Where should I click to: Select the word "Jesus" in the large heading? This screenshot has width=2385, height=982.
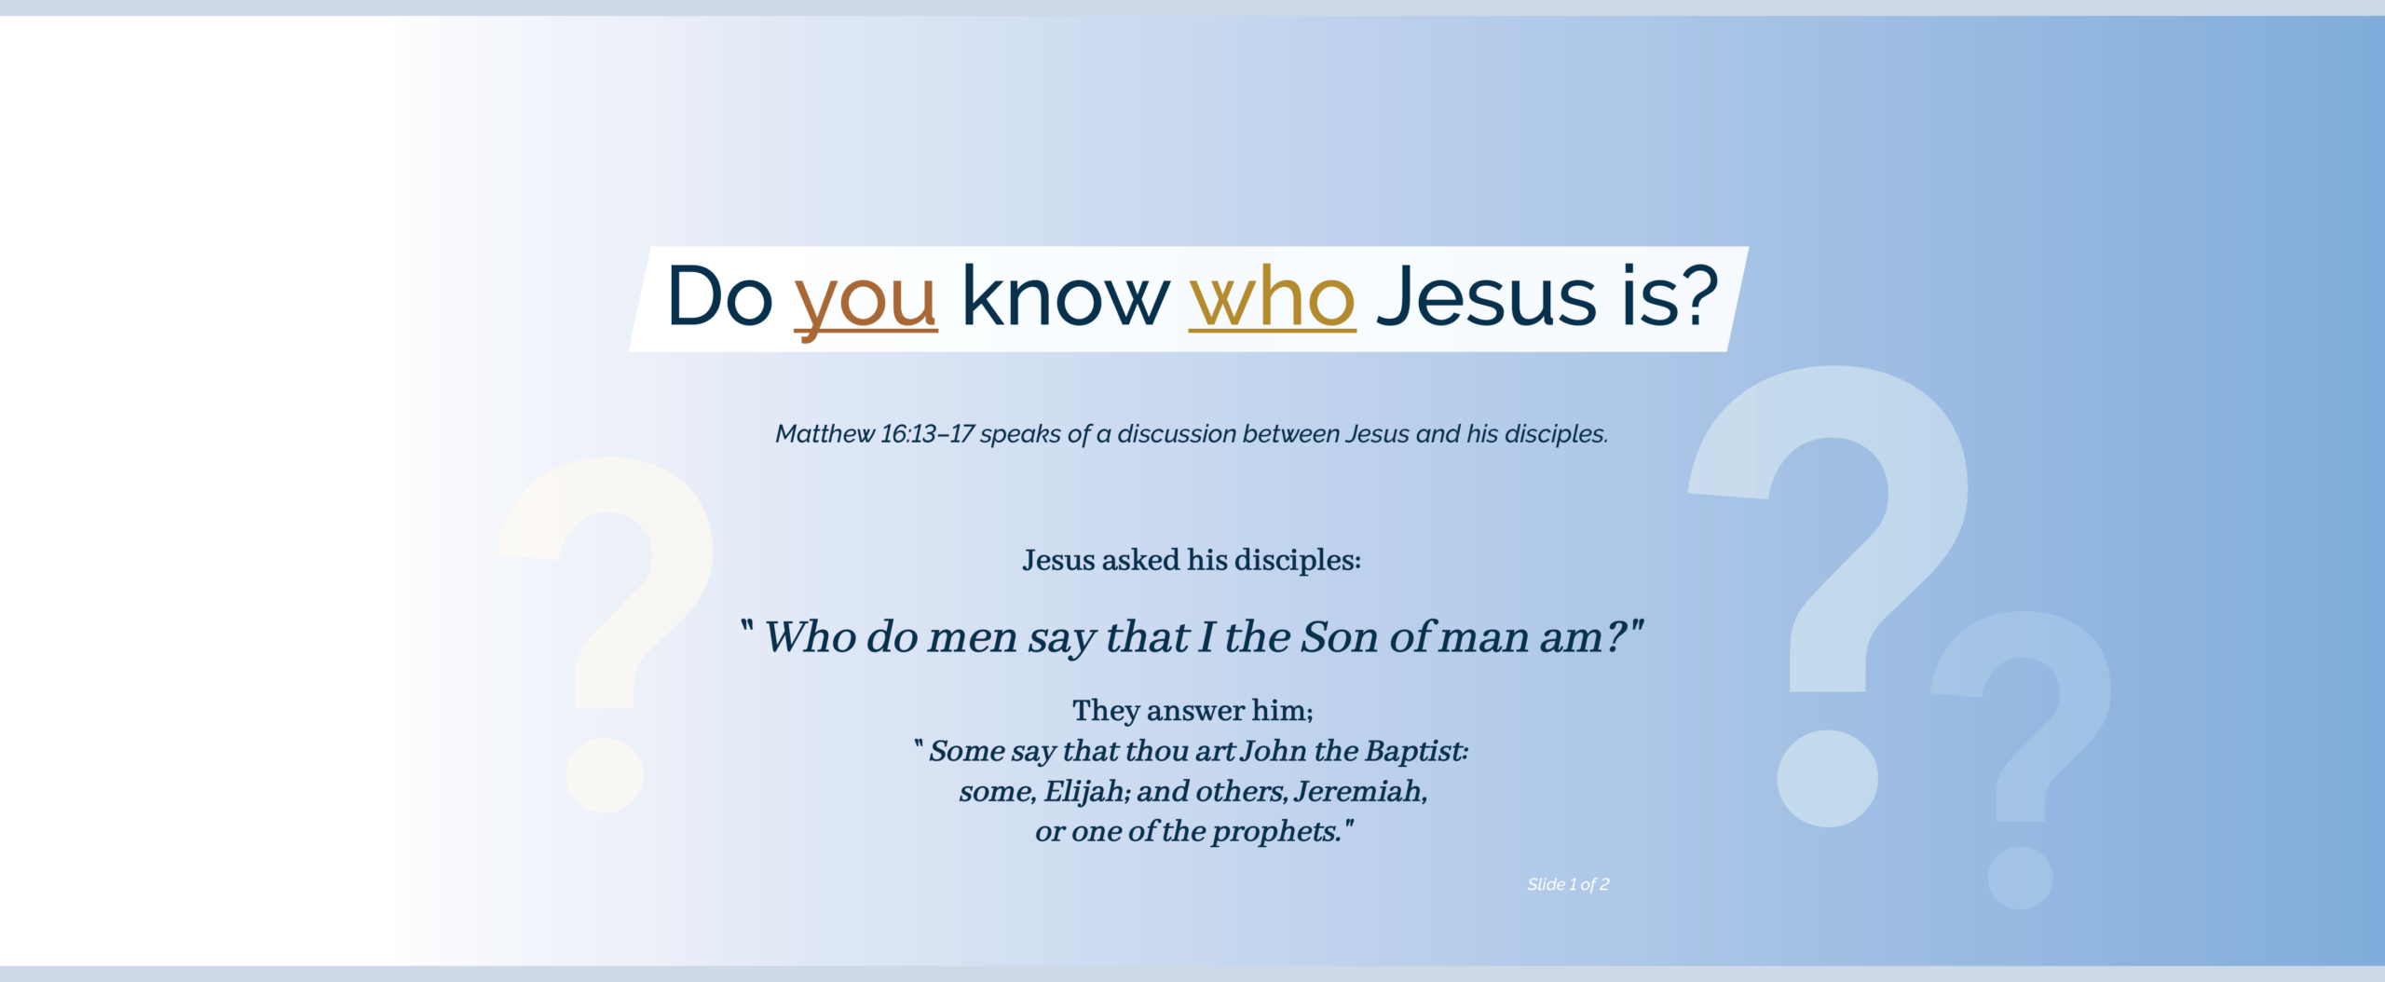tap(1487, 296)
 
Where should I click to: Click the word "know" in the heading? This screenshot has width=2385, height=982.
tap(1064, 296)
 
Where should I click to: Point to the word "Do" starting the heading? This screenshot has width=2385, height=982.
tap(719, 296)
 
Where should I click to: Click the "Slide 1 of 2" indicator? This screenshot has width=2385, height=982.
tap(1568, 884)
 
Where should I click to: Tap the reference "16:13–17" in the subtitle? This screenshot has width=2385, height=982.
tap(927, 434)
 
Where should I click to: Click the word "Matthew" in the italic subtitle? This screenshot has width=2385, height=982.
tap(825, 434)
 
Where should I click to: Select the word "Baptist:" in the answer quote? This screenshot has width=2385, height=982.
tap(1416, 751)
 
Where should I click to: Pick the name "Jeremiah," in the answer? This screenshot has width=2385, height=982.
tap(1360, 791)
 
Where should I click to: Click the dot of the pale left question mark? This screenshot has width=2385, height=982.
tap(605, 775)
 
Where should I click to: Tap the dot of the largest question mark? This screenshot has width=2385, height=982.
tap(1827, 779)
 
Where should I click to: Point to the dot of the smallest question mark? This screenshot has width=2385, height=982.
tap(2020, 878)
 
